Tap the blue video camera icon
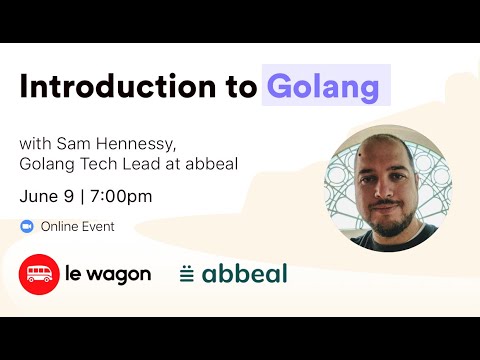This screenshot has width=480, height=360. tap(27, 226)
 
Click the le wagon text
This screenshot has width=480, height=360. tap(109, 273)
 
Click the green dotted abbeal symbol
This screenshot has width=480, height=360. tap(187, 273)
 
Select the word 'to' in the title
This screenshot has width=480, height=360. tap(240, 87)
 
